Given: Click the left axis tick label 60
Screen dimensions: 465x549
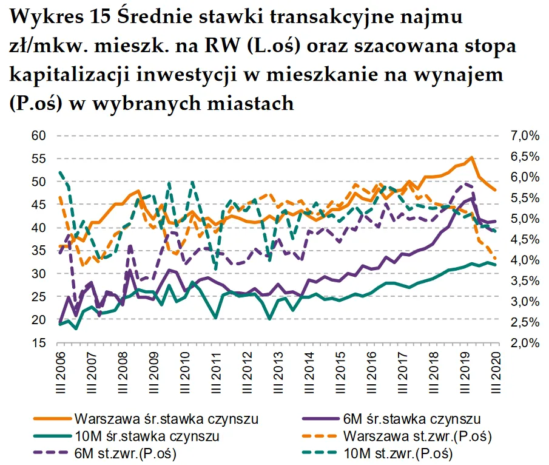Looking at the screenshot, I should [38, 135].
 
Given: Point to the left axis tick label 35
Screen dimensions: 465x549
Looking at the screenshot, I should [38, 251].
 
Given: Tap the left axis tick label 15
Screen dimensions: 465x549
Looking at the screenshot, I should [38, 343].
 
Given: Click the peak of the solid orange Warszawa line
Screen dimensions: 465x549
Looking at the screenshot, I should [471, 158].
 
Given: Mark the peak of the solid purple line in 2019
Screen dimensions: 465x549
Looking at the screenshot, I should [473, 197].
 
